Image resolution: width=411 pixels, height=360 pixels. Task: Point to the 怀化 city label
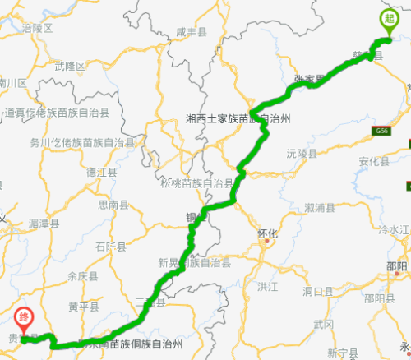268,233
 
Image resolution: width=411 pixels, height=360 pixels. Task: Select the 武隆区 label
70,65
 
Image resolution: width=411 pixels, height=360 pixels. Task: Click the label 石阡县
110,246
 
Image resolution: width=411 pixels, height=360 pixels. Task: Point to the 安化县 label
374,161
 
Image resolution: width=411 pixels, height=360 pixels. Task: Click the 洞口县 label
316,291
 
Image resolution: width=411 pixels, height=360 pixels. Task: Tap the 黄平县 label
84,307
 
